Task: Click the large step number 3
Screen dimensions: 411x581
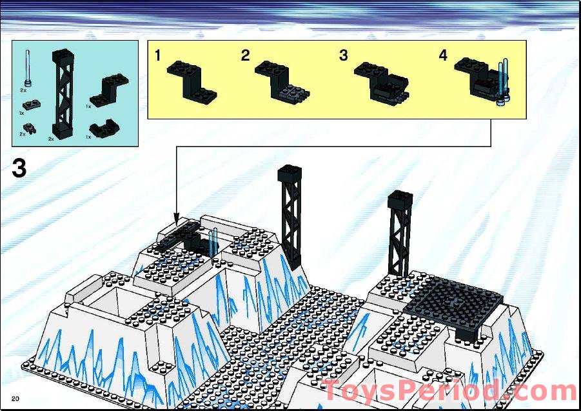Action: point(19,168)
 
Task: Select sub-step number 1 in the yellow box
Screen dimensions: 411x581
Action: point(158,56)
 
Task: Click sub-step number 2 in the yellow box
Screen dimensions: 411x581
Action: point(245,56)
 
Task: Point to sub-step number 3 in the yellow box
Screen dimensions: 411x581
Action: point(343,56)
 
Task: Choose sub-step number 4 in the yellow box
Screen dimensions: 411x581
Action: point(443,56)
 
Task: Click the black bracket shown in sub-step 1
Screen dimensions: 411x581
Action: point(190,79)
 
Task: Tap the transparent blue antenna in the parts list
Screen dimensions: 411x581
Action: point(27,68)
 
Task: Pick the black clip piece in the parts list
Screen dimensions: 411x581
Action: point(28,126)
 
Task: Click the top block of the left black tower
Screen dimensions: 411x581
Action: point(289,174)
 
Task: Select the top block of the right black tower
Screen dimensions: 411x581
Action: point(400,199)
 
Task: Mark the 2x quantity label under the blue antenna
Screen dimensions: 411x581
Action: point(24,91)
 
